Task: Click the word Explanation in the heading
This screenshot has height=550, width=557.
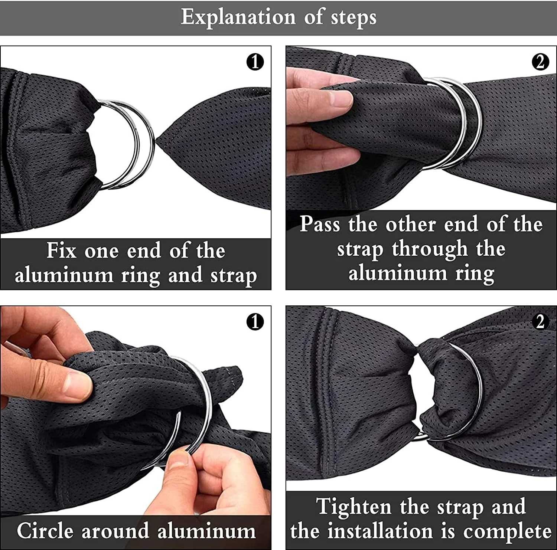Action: tap(238, 17)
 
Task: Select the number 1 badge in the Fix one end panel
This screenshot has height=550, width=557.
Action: tap(255, 62)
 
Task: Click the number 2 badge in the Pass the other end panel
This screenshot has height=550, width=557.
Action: tap(540, 62)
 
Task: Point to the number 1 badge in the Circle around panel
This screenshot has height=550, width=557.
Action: tap(255, 322)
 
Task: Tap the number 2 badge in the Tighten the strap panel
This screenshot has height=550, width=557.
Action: tap(540, 322)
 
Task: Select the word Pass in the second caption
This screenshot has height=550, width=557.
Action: tap(320, 224)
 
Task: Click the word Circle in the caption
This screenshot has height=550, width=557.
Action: tap(45, 530)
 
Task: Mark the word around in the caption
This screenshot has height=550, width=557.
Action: tap(115, 531)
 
